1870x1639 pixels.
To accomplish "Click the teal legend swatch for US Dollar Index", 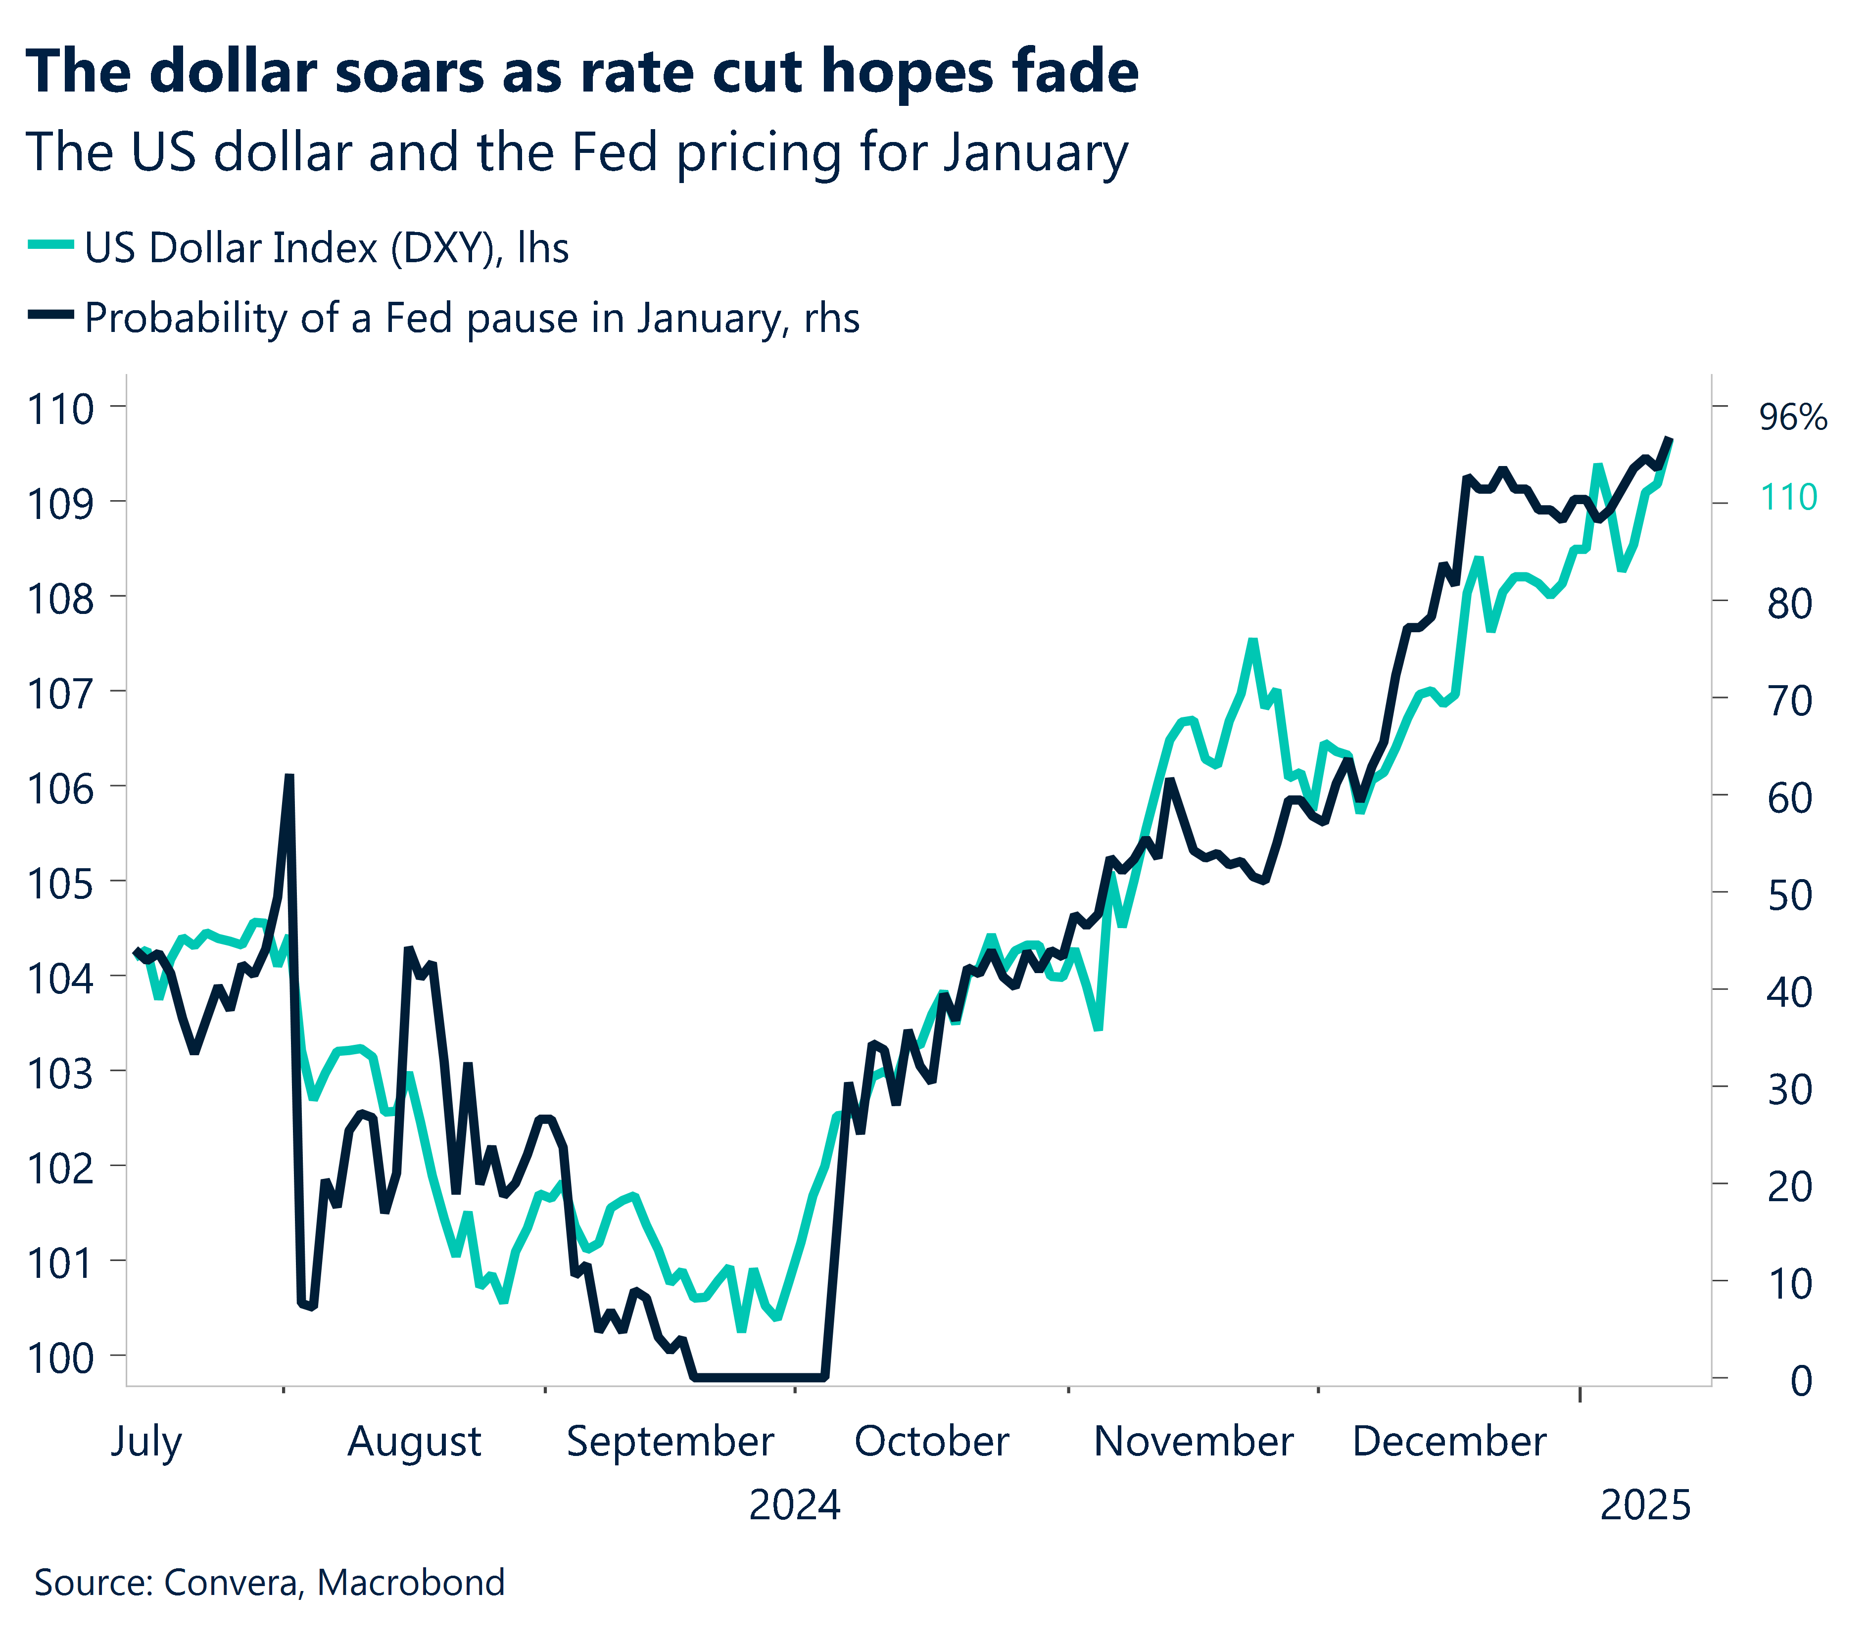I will click(50, 245).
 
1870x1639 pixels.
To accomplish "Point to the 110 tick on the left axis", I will click(60, 409).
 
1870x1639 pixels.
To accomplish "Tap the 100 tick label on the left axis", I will click(60, 1358).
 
